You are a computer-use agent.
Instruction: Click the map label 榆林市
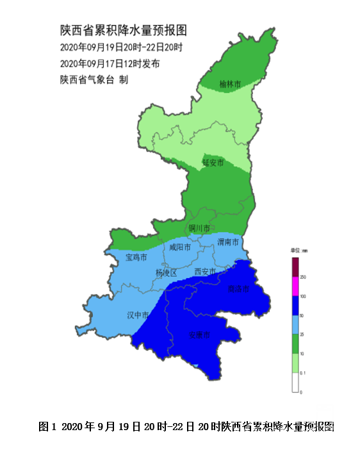[x=230, y=83]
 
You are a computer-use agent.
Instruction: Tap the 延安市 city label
[x=213, y=162]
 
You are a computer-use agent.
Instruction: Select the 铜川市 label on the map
[x=200, y=228]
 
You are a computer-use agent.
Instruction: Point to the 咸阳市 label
[x=180, y=247]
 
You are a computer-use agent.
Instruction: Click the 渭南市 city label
[x=228, y=242]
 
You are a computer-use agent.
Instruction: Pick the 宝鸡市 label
[x=136, y=258]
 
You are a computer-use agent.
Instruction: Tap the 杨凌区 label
[x=165, y=273]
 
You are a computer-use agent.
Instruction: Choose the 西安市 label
[x=205, y=272]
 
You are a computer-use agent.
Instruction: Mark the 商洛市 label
[x=238, y=289]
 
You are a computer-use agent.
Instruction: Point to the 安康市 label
[x=199, y=334]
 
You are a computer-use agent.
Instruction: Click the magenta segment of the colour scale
[x=296, y=286]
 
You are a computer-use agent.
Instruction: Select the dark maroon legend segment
[x=296, y=267]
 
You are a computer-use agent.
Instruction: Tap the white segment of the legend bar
[x=296, y=382]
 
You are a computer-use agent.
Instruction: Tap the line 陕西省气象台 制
[x=94, y=79]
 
